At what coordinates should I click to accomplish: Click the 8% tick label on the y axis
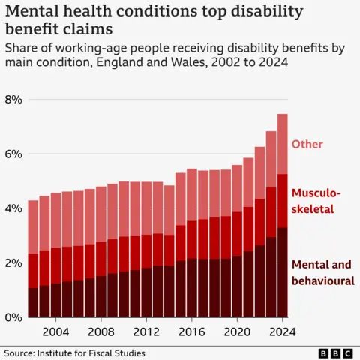tap(13, 100)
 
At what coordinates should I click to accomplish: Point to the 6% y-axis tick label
tap(13, 154)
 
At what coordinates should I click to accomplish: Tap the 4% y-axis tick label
tap(13, 208)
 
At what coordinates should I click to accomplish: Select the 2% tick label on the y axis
tap(13, 263)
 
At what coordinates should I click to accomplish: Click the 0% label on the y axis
tap(13, 318)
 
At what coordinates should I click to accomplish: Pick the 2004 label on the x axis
tap(55, 331)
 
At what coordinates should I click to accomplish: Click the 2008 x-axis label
tap(100, 331)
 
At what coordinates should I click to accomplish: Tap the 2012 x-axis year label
tap(146, 331)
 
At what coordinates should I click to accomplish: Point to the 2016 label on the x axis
tap(191, 331)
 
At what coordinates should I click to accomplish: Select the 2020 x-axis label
tap(237, 331)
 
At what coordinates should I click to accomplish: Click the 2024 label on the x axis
tap(282, 331)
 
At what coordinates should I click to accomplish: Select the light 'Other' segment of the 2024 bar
tap(282, 143)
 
